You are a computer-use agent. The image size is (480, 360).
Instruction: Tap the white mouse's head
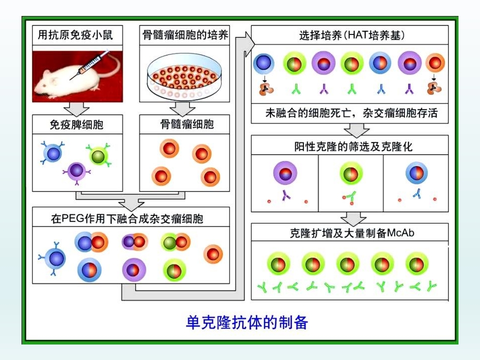click(x=46, y=81)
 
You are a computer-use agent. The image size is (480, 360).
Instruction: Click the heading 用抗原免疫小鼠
click(x=75, y=35)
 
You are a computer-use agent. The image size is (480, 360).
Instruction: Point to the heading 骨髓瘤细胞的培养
click(x=185, y=35)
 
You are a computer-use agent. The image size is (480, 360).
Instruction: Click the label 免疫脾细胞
click(x=76, y=124)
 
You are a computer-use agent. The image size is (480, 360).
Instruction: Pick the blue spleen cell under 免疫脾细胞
click(x=52, y=153)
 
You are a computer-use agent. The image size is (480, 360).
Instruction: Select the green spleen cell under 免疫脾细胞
click(x=98, y=155)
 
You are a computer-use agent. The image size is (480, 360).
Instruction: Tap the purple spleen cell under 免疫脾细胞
click(x=76, y=171)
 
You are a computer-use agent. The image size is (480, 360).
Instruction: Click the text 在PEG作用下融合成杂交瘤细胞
click(x=127, y=218)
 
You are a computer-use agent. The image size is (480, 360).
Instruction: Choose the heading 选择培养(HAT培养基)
click(x=351, y=35)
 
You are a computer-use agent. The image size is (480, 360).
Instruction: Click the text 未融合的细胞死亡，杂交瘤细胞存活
click(x=351, y=113)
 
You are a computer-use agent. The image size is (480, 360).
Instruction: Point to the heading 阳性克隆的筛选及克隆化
click(x=353, y=146)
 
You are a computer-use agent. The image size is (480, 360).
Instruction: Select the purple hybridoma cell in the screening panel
click(x=285, y=172)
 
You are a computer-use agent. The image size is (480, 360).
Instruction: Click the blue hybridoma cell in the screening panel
click(x=416, y=172)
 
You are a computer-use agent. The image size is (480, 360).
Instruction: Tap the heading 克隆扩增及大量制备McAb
click(x=352, y=233)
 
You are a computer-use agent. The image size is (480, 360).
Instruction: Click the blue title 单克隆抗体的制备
click(x=246, y=322)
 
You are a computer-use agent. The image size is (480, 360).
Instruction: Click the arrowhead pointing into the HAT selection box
click(x=250, y=43)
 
